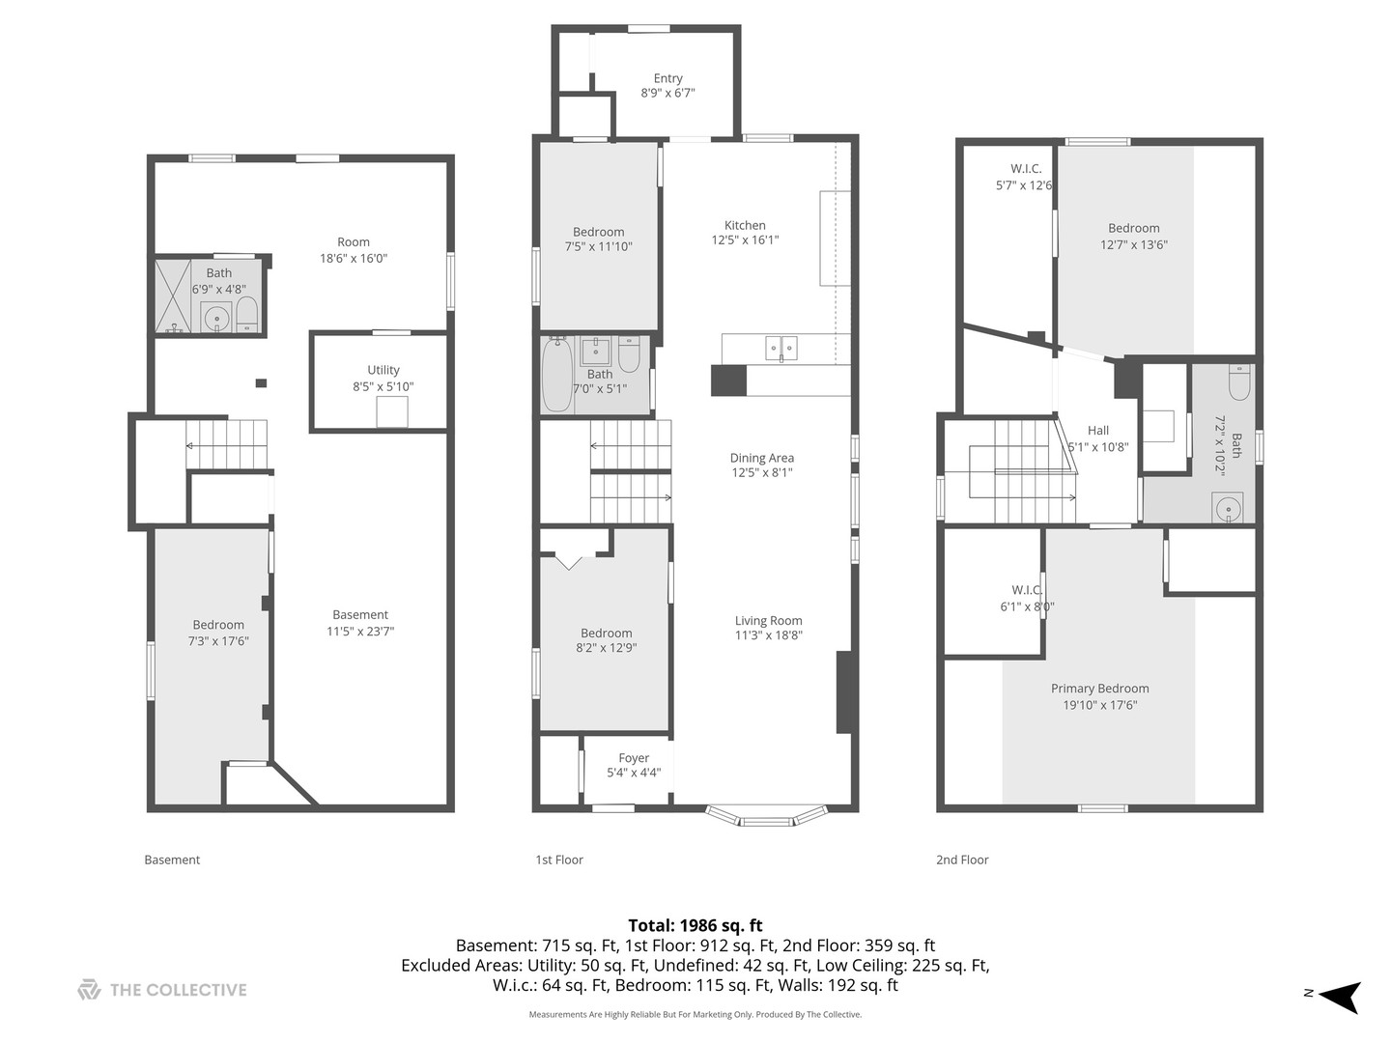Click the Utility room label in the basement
coord(383,370)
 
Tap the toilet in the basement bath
coord(247,314)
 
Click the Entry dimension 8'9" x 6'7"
coord(667,94)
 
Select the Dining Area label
coord(761,458)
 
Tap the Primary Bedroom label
coord(1099,689)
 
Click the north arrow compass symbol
coord(1340,995)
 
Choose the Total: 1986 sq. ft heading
coord(695,925)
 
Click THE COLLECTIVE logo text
coord(178,990)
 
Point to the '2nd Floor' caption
coord(961,860)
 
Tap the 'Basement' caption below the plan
coord(172,860)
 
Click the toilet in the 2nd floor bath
coord(1239,383)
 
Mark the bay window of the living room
coord(766,817)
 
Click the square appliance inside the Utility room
coord(392,411)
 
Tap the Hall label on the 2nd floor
coord(1098,431)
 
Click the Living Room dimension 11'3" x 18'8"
coord(768,635)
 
